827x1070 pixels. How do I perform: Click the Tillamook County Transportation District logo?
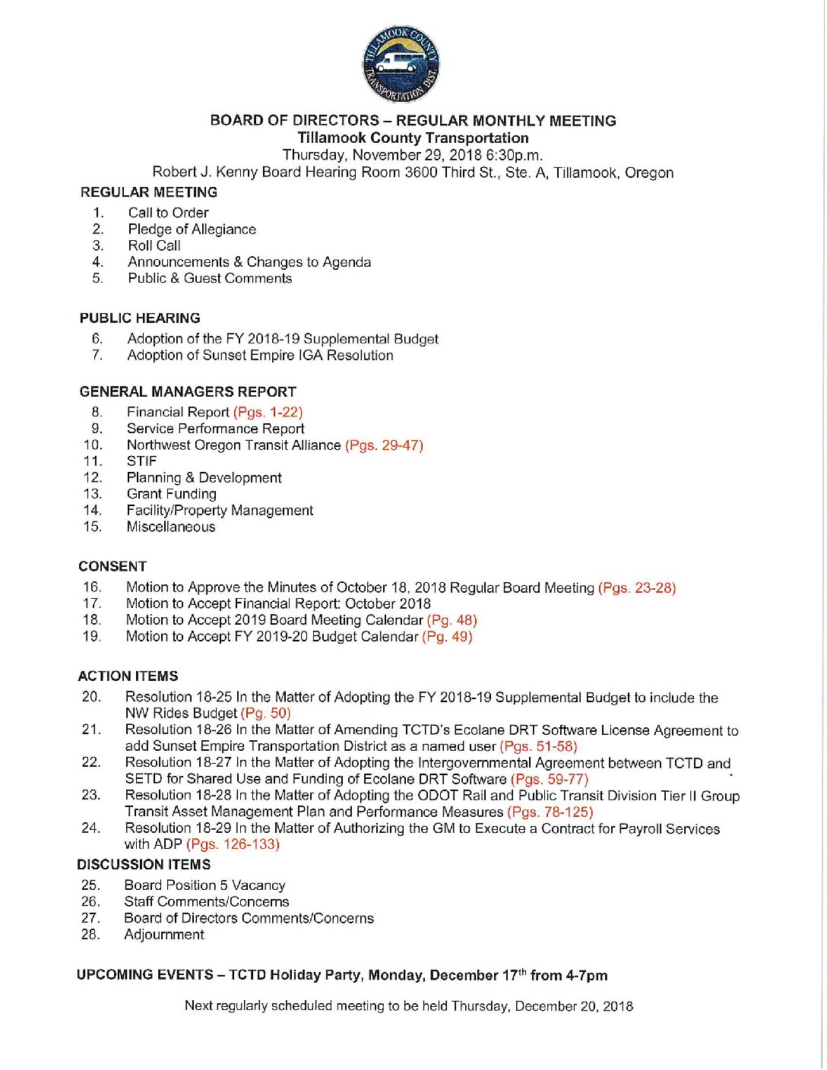[401, 65]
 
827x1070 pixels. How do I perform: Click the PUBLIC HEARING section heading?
[140, 318]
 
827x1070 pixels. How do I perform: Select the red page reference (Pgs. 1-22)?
[268, 412]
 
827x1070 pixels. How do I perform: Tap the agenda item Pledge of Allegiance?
[192, 230]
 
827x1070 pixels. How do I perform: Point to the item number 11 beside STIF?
[92, 461]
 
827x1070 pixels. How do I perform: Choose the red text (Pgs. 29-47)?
[384, 445]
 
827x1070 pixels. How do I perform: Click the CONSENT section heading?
[112, 567]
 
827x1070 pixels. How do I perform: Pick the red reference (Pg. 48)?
[452, 620]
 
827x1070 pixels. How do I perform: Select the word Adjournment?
[164, 935]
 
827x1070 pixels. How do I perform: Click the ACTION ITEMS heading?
[128, 676]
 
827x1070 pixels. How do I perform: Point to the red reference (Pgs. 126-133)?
[233, 844]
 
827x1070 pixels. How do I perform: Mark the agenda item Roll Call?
[154, 245]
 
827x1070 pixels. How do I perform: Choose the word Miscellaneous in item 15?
[171, 527]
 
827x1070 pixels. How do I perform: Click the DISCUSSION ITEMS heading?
[144, 865]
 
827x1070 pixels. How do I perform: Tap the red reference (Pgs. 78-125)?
[550, 812]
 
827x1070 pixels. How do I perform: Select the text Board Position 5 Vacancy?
[204, 885]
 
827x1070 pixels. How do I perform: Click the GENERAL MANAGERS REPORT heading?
[188, 392]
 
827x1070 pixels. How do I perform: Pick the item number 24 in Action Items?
[90, 828]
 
